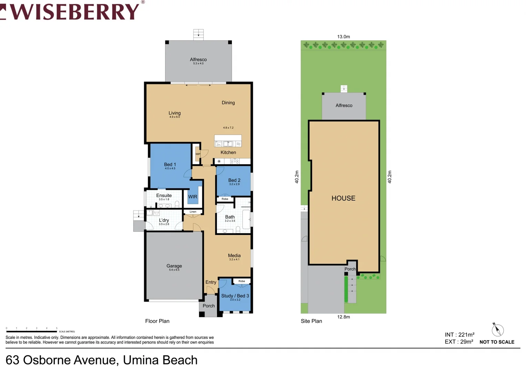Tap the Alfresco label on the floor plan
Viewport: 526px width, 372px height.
point(198,60)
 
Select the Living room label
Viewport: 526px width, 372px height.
point(174,113)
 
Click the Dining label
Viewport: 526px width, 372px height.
point(228,103)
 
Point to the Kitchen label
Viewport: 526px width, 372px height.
point(228,152)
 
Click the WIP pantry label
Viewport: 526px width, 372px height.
point(198,154)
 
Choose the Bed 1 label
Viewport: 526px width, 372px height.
point(170,165)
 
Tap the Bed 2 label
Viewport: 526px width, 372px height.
point(234,180)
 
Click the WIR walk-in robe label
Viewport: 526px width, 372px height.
point(193,197)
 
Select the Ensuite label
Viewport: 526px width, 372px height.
point(164,195)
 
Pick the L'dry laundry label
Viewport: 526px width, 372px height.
point(164,220)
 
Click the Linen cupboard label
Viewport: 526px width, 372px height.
point(193,212)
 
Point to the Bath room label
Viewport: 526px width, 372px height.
point(230,217)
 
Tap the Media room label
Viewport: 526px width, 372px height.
point(234,256)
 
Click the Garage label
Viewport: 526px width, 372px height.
point(174,266)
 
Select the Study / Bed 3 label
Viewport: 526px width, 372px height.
point(235,296)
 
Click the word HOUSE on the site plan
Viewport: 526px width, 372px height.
point(343,198)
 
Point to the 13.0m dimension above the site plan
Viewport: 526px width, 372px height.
point(343,37)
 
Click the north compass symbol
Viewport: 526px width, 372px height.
point(497,330)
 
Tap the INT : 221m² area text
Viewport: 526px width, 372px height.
point(460,334)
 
